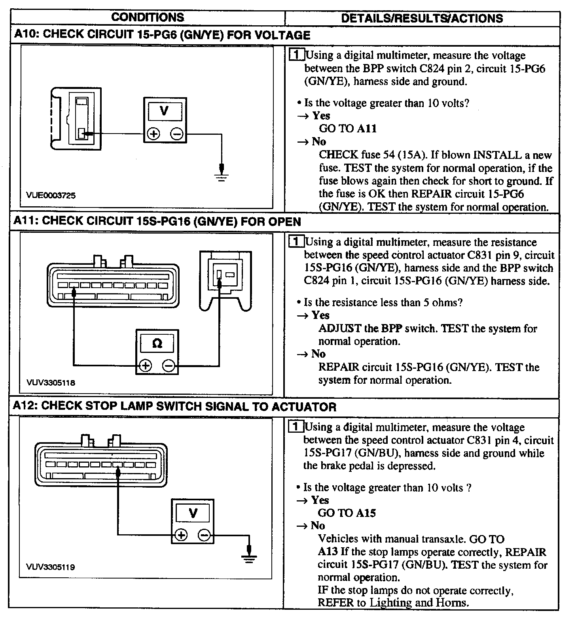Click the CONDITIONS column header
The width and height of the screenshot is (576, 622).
pyautogui.click(x=148, y=17)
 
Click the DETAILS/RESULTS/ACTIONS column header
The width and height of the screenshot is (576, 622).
pyautogui.click(x=422, y=18)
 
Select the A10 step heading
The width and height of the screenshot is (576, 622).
pyautogui.click(x=162, y=35)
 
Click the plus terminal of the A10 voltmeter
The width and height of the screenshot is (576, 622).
pyautogui.click(x=153, y=134)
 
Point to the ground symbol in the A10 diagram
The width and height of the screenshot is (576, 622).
pyautogui.click(x=222, y=176)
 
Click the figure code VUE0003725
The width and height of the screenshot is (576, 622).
pyautogui.click(x=51, y=195)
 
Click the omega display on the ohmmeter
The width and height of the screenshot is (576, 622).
pyautogui.click(x=157, y=343)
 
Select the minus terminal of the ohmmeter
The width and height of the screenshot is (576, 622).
pyautogui.click(x=169, y=366)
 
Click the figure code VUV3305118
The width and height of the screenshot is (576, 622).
pyautogui.click(x=51, y=383)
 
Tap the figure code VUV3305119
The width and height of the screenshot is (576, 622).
pyautogui.click(x=50, y=567)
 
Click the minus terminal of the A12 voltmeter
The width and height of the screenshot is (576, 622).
pyautogui.click(x=205, y=535)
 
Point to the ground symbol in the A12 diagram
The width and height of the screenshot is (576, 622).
pyautogui.click(x=249, y=557)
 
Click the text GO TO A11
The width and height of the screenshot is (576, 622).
pyautogui.click(x=348, y=128)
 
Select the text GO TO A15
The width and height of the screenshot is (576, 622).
pyautogui.click(x=347, y=513)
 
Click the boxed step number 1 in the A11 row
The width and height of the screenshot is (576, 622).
pyautogui.click(x=296, y=241)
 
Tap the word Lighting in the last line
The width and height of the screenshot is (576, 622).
pyautogui.click(x=391, y=603)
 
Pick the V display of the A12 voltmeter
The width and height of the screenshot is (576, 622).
pyautogui.click(x=193, y=513)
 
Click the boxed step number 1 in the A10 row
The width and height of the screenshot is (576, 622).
pyautogui.click(x=297, y=55)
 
